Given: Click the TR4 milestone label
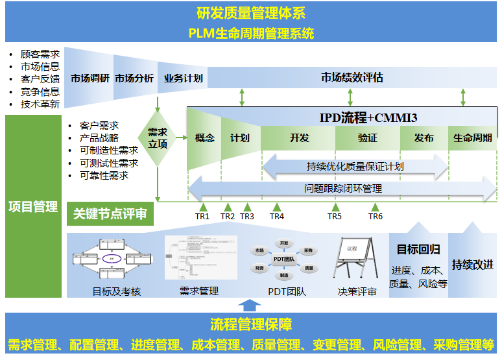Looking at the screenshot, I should click(x=277, y=217).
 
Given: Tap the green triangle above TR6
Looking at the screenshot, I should click(x=375, y=207).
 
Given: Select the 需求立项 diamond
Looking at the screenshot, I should click(x=158, y=138).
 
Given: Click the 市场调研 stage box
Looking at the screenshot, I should click(x=90, y=78).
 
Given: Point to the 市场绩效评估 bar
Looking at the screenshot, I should click(x=352, y=78).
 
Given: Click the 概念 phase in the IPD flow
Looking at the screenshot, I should click(x=204, y=138).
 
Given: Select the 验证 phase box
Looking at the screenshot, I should click(x=367, y=138).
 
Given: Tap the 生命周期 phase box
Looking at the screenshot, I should click(x=472, y=138).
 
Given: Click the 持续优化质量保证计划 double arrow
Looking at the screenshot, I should click(x=355, y=166).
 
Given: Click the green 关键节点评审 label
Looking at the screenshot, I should click(x=110, y=213).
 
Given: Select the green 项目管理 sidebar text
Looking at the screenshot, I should click(x=33, y=207).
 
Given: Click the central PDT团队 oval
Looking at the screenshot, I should click(x=283, y=259).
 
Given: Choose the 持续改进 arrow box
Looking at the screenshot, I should click(x=473, y=265).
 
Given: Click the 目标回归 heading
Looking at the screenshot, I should click(x=418, y=249).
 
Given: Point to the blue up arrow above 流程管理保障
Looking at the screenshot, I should click(x=248, y=305).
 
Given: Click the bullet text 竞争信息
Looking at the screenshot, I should click(x=40, y=91).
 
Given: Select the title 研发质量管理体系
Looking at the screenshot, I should click(x=250, y=13).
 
